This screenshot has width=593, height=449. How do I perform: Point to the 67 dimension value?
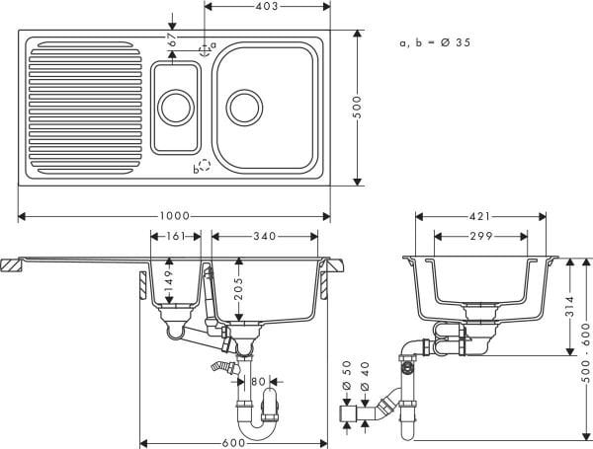point(172,39)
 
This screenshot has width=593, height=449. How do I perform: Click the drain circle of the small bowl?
point(176,104)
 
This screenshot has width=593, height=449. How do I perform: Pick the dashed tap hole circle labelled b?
point(205,167)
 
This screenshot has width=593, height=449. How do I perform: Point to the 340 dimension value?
point(265,237)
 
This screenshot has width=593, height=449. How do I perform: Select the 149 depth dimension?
point(170,286)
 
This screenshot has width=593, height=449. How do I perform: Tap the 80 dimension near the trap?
point(258,381)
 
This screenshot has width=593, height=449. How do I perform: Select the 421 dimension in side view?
point(482,215)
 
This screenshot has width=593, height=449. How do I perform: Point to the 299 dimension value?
point(482,237)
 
